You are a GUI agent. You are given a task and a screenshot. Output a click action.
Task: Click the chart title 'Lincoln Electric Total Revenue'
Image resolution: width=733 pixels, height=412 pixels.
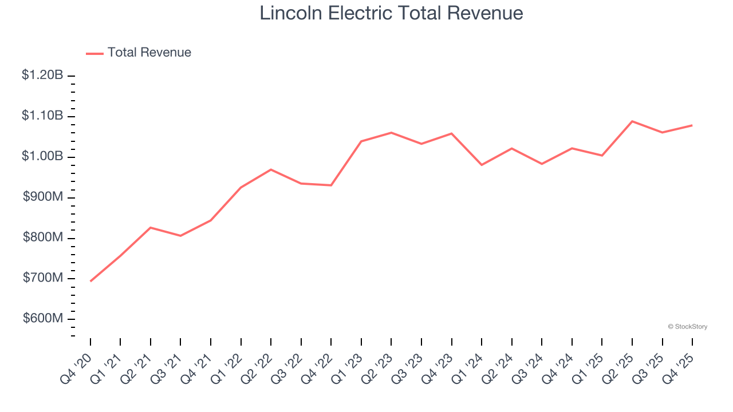point(391,13)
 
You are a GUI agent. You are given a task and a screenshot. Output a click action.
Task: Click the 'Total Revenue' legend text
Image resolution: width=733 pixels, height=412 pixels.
point(149,53)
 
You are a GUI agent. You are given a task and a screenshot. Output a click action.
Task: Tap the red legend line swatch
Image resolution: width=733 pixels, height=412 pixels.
point(94,53)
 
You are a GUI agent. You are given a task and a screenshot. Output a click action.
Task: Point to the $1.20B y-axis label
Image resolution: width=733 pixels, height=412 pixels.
point(42,75)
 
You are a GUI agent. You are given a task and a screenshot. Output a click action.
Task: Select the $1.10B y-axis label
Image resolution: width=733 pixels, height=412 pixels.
point(42,116)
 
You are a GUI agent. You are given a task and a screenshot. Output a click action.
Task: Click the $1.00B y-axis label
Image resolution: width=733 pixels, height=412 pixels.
point(42,156)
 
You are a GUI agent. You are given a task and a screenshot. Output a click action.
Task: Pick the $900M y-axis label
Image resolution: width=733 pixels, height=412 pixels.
point(44,197)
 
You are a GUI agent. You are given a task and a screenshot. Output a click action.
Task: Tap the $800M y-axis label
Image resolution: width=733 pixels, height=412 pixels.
point(44,237)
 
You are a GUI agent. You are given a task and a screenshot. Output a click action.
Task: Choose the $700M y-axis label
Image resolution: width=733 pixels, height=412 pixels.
point(44,278)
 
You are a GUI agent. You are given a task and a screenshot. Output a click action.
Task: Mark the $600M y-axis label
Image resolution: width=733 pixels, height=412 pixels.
point(44,319)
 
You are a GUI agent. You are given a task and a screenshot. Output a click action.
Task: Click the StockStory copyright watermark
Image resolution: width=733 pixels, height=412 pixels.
point(687,327)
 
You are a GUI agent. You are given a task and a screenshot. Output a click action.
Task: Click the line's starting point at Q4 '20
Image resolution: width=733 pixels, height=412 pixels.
point(90,281)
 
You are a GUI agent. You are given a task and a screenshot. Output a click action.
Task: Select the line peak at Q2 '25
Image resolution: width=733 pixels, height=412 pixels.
point(632,121)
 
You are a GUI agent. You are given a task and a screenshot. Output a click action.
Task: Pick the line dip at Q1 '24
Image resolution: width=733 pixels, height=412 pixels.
point(482,165)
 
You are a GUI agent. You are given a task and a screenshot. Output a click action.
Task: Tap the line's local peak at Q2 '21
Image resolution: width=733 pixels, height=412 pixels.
point(151,228)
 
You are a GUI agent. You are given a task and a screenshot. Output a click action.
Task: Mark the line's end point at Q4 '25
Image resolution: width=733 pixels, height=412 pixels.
point(692,125)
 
